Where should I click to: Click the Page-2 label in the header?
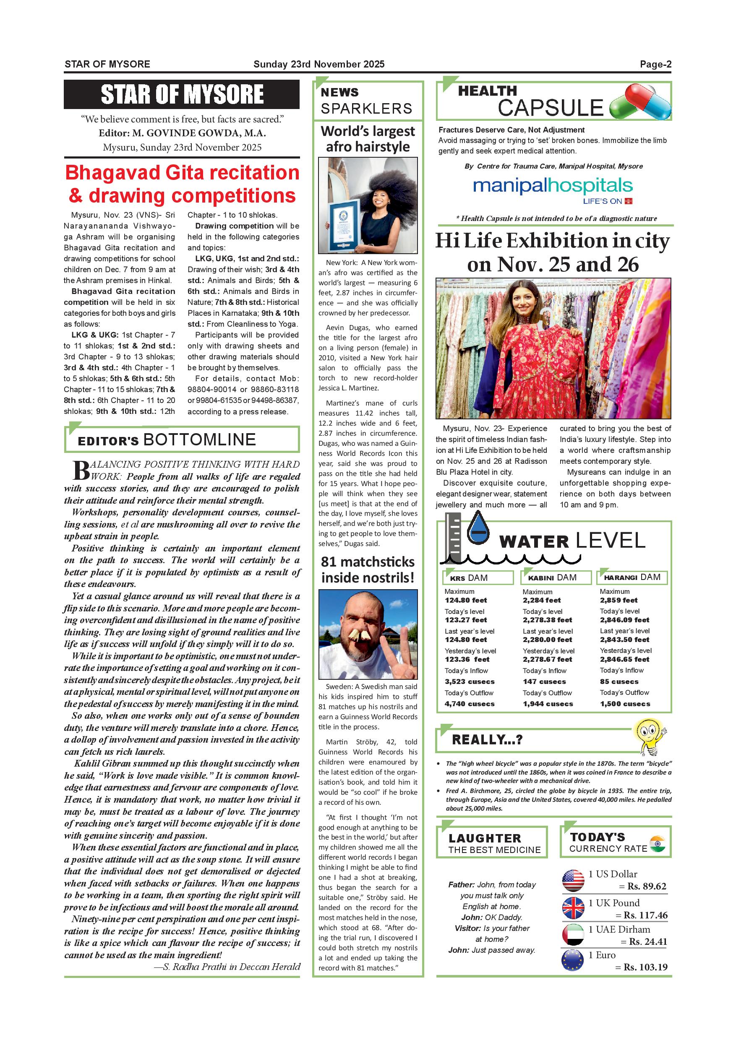[x=655, y=64]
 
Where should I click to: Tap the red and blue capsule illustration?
[x=640, y=103]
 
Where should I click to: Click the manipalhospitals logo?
[x=553, y=187]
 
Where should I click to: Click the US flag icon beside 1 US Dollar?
[x=573, y=880]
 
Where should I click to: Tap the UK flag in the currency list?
[x=573, y=908]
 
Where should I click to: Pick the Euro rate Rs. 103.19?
[x=645, y=967]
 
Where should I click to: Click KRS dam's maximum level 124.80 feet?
[x=465, y=600]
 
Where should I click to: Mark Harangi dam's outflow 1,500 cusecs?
[x=625, y=703]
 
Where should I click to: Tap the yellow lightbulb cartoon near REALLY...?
[x=649, y=737]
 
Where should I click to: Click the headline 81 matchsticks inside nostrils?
[x=368, y=569]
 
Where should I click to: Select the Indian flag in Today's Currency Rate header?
[x=657, y=843]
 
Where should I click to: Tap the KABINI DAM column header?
[x=556, y=577]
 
